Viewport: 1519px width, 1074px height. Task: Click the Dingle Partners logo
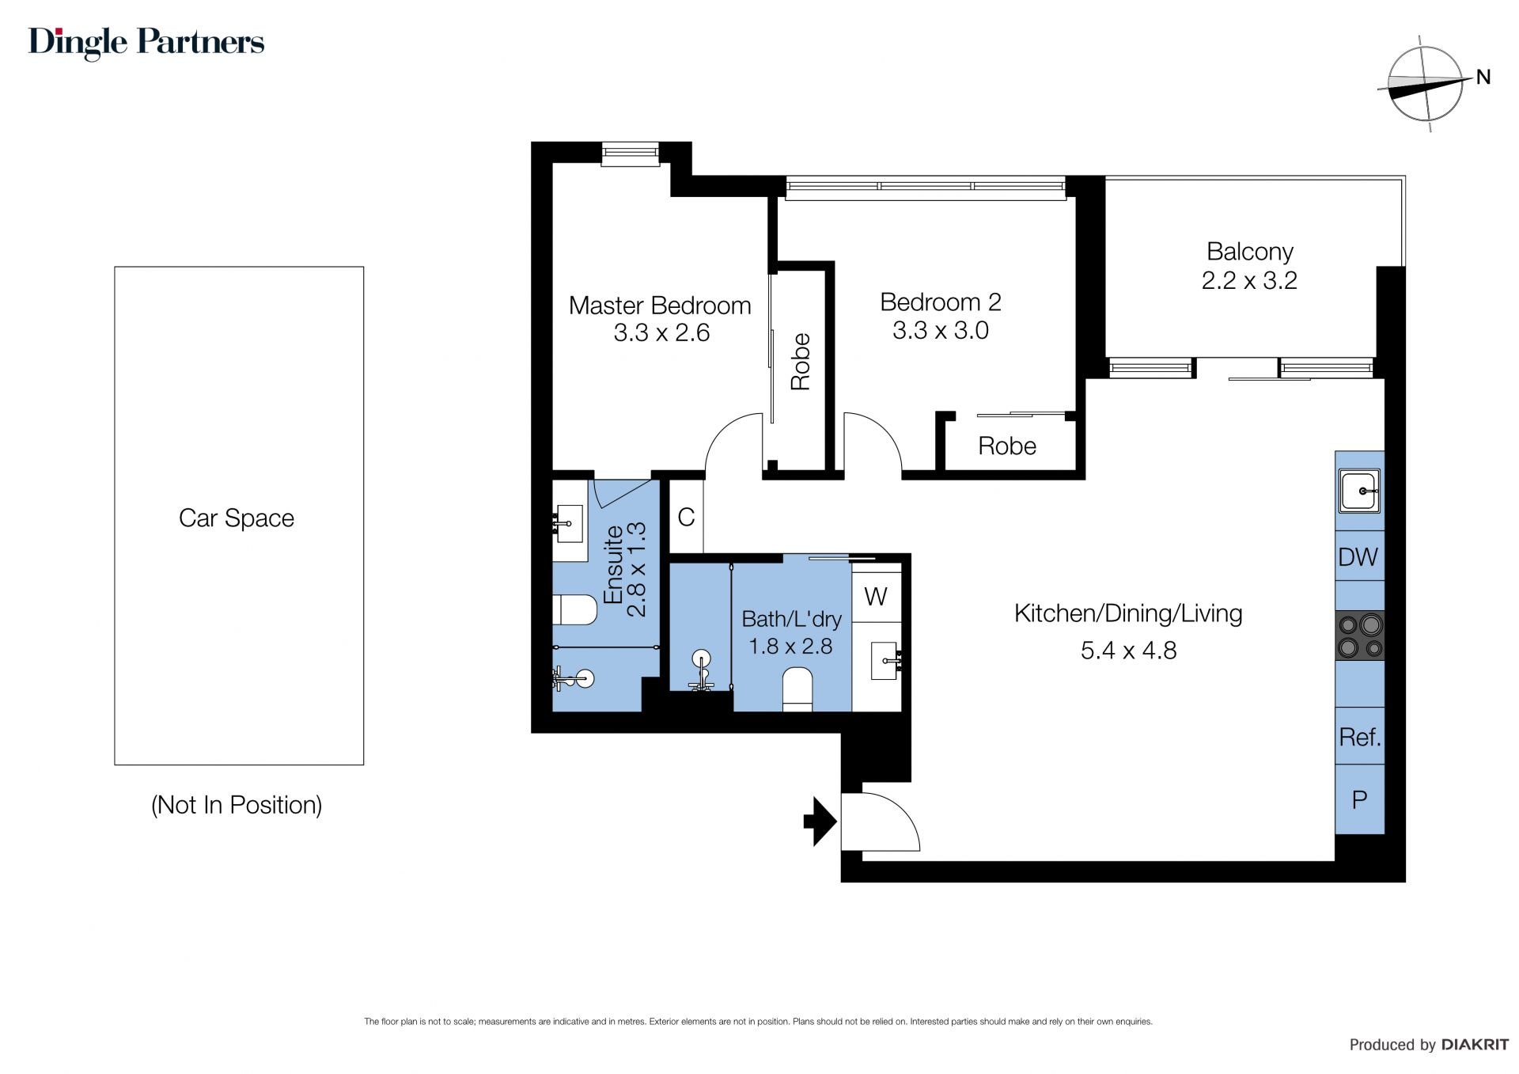pyautogui.click(x=146, y=43)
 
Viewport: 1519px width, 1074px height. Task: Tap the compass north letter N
pyautogui.click(x=1483, y=77)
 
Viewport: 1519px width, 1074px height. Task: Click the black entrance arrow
pyautogui.click(x=820, y=822)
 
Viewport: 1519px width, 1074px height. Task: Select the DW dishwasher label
pyautogui.click(x=1358, y=557)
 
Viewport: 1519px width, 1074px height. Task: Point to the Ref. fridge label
pyautogui.click(x=1360, y=738)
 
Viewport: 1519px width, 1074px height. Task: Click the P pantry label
pyautogui.click(x=1360, y=799)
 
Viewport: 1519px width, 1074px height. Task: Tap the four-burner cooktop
pyautogui.click(x=1360, y=636)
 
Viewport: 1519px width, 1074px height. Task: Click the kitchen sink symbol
pyautogui.click(x=1360, y=491)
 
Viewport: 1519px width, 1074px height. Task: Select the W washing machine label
pyautogui.click(x=876, y=596)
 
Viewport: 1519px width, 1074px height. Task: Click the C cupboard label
pyautogui.click(x=686, y=517)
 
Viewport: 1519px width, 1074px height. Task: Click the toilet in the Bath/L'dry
pyautogui.click(x=797, y=689)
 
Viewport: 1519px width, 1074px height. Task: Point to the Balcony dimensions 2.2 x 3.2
pyautogui.click(x=1249, y=280)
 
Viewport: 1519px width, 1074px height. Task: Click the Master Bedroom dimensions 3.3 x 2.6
pyautogui.click(x=661, y=333)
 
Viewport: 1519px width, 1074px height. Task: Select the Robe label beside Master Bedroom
pyautogui.click(x=801, y=362)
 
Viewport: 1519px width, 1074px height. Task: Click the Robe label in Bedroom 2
pyautogui.click(x=1007, y=446)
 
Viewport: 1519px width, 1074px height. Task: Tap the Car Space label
pyautogui.click(x=237, y=518)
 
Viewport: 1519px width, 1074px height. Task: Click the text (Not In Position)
pyautogui.click(x=237, y=805)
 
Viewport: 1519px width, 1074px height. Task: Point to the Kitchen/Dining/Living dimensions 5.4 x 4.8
pyautogui.click(x=1128, y=651)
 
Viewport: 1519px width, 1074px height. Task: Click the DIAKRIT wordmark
pyautogui.click(x=1475, y=1045)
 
